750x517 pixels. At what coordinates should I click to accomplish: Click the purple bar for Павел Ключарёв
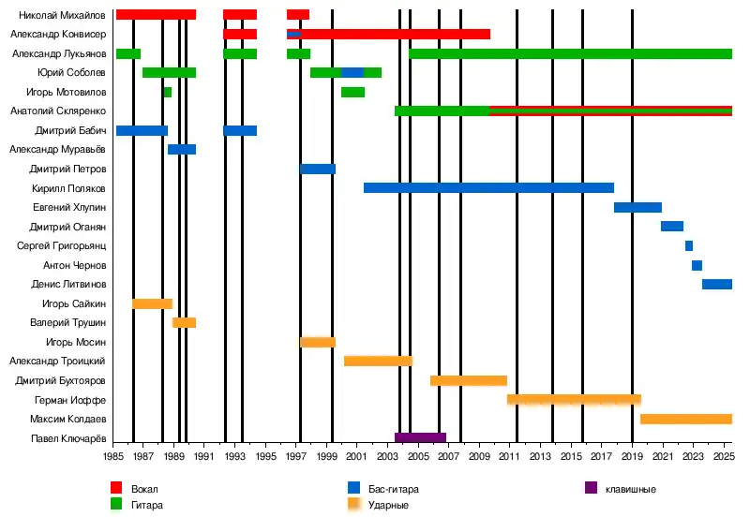[420, 437]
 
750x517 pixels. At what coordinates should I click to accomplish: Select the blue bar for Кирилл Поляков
[488, 188]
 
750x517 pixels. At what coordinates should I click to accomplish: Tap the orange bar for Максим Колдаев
[685, 419]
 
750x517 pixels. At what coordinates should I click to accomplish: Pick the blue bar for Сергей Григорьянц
[689, 245]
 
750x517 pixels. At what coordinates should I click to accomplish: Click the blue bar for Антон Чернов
[697, 265]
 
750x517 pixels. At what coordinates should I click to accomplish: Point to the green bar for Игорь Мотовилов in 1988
[168, 92]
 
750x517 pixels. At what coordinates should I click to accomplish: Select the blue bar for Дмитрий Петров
[318, 169]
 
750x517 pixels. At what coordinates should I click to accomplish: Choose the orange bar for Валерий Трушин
[184, 322]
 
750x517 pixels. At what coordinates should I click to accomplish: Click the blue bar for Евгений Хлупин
[637, 207]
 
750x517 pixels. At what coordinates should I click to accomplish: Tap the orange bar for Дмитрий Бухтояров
[468, 380]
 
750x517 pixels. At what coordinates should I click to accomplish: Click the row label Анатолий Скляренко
[58, 111]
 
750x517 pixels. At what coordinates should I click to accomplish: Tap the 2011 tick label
[510, 457]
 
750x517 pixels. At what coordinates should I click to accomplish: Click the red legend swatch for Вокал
[117, 488]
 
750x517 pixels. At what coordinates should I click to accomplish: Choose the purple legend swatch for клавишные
[591, 488]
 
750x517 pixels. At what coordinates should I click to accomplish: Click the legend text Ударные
[389, 506]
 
